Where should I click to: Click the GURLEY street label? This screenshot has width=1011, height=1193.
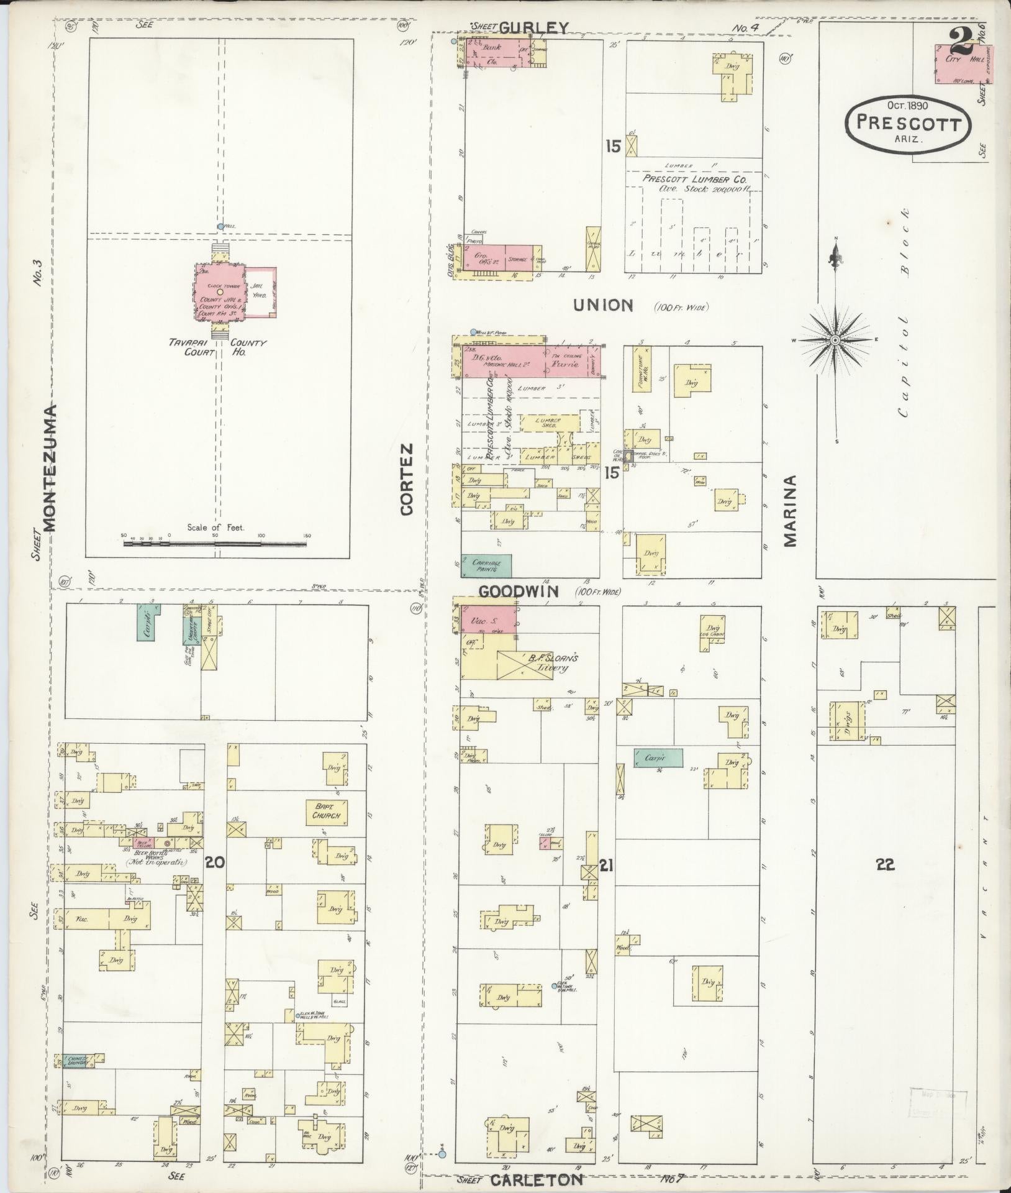point(533,27)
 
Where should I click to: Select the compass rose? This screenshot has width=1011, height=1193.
point(835,340)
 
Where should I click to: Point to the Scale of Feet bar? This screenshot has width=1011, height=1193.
point(215,544)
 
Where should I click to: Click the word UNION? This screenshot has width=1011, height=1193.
point(602,305)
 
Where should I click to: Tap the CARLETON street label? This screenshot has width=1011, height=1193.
point(536,1179)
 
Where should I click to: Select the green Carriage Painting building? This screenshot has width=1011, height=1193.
point(486,565)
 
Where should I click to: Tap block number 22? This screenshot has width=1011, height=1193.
point(885,864)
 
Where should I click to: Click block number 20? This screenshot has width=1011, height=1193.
point(215,862)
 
